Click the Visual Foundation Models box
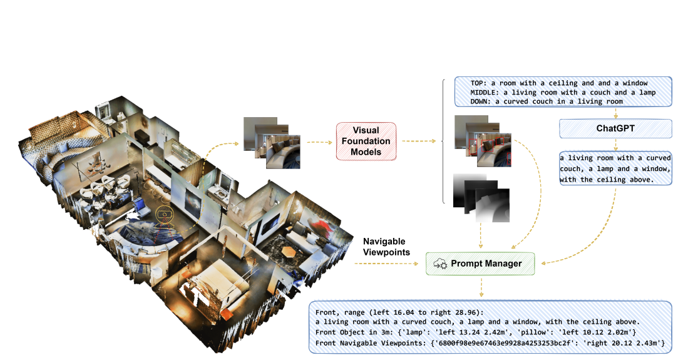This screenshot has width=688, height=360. [366, 142]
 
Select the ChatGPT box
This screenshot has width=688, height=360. [615, 129]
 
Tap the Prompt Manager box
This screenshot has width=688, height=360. [480, 263]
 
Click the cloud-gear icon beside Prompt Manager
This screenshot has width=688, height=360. [440, 264]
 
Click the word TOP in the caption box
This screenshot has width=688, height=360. [480, 83]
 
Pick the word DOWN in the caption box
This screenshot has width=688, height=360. [481, 101]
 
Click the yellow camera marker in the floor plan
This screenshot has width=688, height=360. [164, 213]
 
